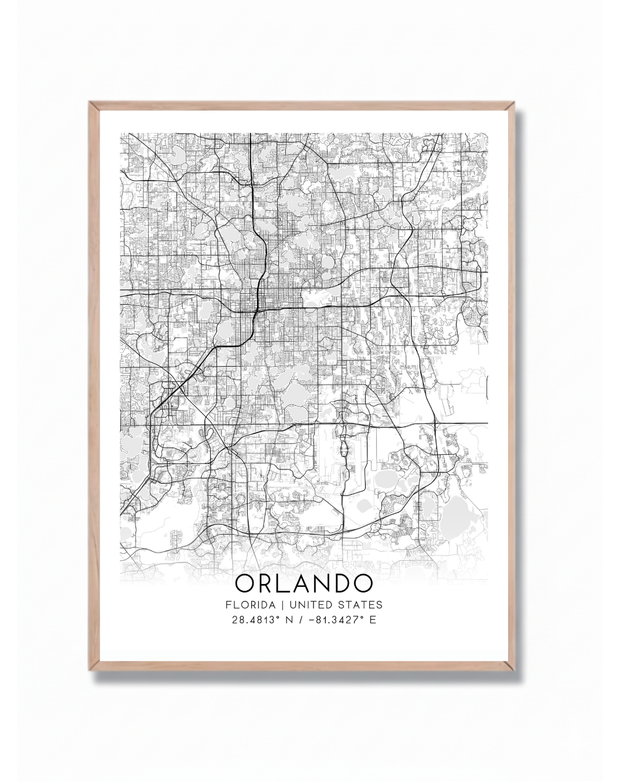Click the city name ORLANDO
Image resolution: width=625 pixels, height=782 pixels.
coord(304,583)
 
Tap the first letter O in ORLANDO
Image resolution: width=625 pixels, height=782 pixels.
coord(247,583)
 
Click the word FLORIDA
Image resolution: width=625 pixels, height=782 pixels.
coord(251,605)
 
